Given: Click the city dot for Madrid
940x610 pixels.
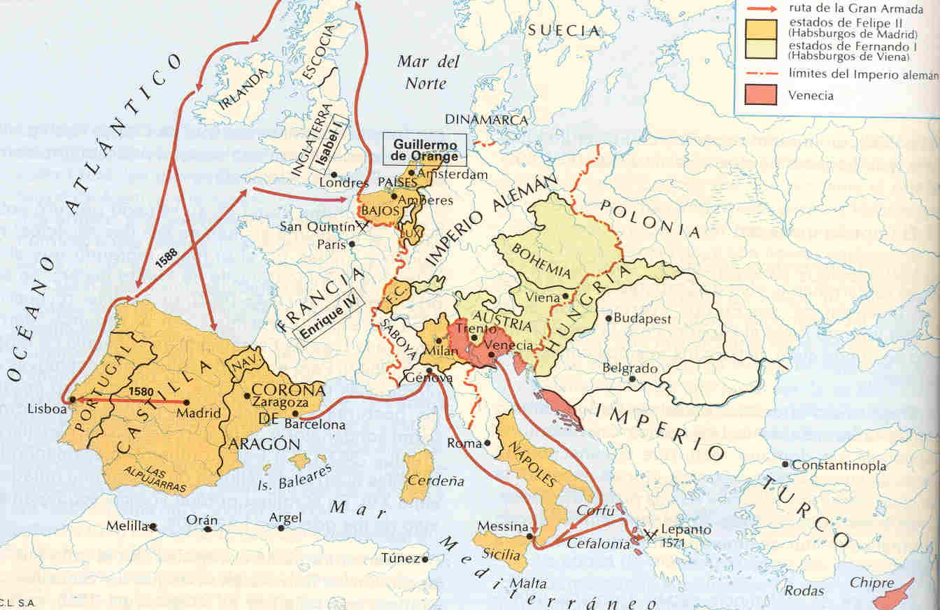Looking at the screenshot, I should coord(186,402).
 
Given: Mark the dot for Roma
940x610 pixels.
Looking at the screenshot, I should coord(487,444).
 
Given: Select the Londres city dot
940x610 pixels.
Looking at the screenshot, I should coord(335,175).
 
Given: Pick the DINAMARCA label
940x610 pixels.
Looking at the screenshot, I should coord(486,120).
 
